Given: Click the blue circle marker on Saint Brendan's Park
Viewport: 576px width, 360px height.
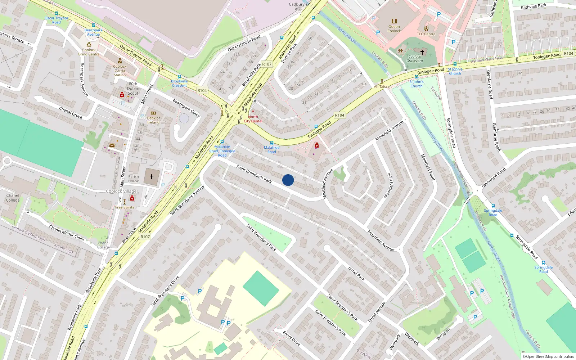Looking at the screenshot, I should coord(288,180).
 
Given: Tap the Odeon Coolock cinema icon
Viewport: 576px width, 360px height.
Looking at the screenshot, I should coord(394,21).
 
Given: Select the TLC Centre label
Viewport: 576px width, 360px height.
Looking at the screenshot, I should coord(426,34).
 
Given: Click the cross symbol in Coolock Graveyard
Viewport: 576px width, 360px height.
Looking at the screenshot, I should coord(422,52).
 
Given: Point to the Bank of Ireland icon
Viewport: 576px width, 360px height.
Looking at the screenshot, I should coord(153,113).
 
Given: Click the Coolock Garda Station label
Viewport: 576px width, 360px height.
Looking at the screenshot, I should coord(120,71).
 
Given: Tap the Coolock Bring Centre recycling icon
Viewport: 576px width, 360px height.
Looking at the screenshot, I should coord(89,45).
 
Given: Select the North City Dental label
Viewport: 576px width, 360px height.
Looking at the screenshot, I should coord(253,119).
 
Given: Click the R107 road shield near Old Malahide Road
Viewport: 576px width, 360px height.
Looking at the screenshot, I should coord(267,64).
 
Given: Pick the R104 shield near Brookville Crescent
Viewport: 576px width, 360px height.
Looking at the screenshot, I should coord(202,91).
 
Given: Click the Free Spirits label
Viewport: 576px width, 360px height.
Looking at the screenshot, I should coord(125,207).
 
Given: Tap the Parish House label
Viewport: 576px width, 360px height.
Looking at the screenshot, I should coord(134,179).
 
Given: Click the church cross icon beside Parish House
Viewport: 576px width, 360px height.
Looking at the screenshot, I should coord(152,177).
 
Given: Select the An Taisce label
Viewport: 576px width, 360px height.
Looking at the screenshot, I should coord(382,86).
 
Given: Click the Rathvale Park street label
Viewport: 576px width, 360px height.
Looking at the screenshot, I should coord(534,6).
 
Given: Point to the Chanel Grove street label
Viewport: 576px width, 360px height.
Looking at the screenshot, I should coord(71,113).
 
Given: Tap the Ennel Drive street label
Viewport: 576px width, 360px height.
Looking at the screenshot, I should coord(291,338).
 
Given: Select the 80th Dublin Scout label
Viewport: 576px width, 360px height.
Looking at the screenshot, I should coord(133,89).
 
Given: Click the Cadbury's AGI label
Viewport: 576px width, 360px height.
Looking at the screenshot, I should coord(298,6).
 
